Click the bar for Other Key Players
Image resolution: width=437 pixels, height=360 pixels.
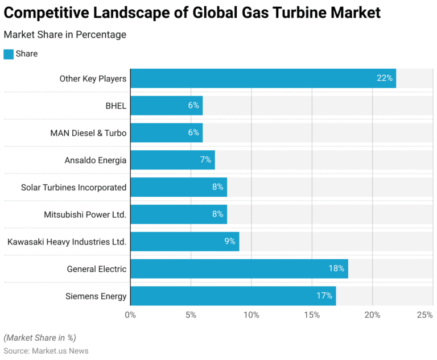(x=263, y=78)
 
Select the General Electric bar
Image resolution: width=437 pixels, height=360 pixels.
(x=239, y=269)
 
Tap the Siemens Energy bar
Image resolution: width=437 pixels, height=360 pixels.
(x=233, y=296)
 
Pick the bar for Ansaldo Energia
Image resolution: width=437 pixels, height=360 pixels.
(x=172, y=160)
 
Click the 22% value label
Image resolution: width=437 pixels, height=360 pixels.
(x=385, y=78)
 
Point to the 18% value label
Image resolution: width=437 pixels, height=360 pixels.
(x=336, y=269)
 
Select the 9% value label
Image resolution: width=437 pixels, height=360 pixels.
(x=230, y=242)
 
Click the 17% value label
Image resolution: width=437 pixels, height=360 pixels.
(x=324, y=296)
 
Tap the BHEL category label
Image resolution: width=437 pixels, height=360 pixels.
(x=116, y=106)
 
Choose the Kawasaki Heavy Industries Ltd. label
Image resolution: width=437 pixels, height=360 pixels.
(x=67, y=242)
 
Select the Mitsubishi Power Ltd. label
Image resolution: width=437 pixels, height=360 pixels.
(x=85, y=214)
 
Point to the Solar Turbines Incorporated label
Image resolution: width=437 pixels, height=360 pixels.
(x=73, y=187)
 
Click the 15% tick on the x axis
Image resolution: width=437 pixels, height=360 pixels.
(x=311, y=315)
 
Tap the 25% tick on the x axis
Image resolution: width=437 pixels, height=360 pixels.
(x=424, y=315)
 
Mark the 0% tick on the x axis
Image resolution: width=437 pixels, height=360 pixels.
(x=130, y=315)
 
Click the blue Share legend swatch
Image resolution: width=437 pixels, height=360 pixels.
(x=9, y=54)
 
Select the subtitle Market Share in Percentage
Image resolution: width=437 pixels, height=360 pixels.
(x=65, y=35)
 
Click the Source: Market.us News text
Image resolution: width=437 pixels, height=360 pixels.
(x=46, y=351)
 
